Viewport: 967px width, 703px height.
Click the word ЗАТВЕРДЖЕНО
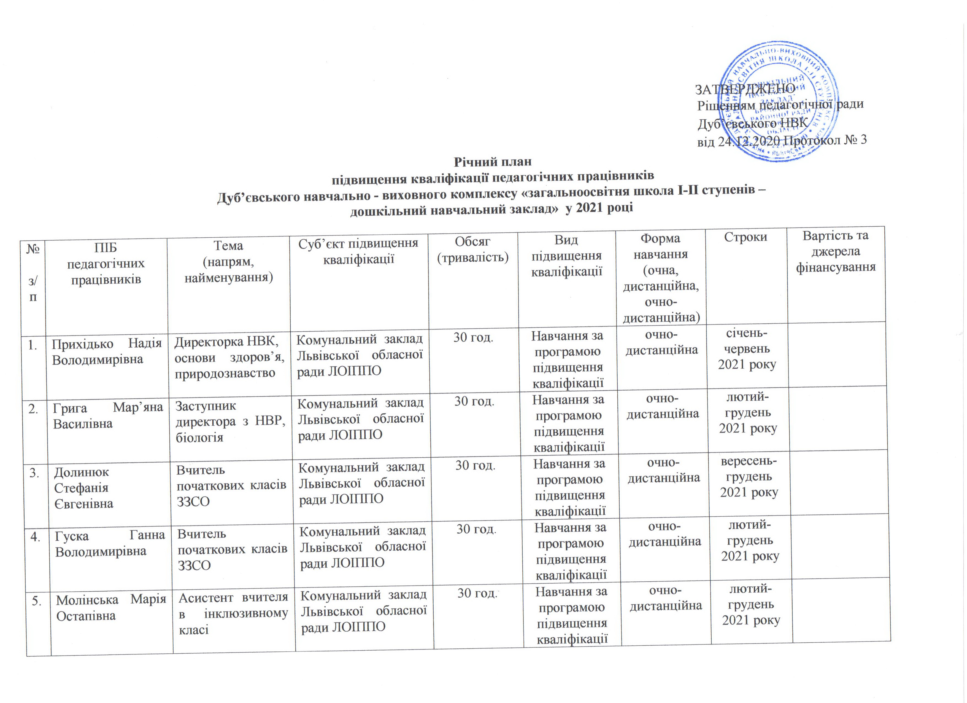tap(745, 89)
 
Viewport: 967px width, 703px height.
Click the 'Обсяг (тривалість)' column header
tap(473, 249)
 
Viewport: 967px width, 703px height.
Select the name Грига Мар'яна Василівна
tap(108, 415)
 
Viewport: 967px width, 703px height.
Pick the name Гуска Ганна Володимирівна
tap(110, 543)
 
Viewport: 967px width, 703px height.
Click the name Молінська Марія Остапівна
tap(111, 607)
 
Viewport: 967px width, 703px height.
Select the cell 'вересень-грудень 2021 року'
tap(749, 476)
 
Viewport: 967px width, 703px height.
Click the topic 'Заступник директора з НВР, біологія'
tap(230, 422)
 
